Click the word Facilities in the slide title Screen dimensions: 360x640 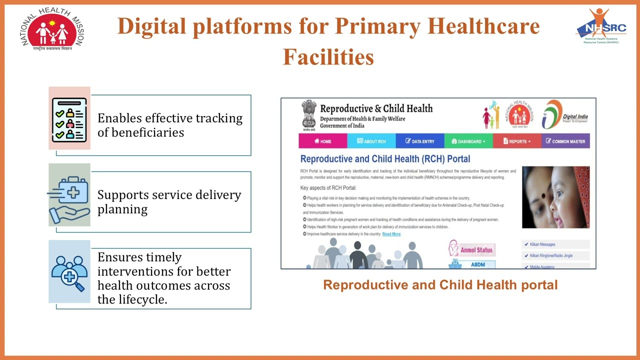(x=328, y=57)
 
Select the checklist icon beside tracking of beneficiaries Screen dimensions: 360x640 (x=69, y=118)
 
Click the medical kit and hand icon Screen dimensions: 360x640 (x=69, y=195)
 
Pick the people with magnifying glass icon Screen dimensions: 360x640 (x=69, y=271)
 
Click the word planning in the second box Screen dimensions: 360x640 (x=122, y=209)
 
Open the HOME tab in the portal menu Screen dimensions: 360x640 (x=323, y=141)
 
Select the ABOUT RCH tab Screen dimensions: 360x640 (x=371, y=141)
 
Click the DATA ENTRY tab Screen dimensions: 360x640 (x=420, y=141)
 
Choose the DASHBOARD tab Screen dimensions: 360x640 (x=468, y=141)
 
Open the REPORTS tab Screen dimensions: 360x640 (x=517, y=141)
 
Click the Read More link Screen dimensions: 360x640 (x=391, y=234)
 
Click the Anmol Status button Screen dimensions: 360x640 (x=471, y=249)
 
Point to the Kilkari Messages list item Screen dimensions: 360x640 (x=542, y=244)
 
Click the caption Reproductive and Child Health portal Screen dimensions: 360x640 (x=440, y=285)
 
